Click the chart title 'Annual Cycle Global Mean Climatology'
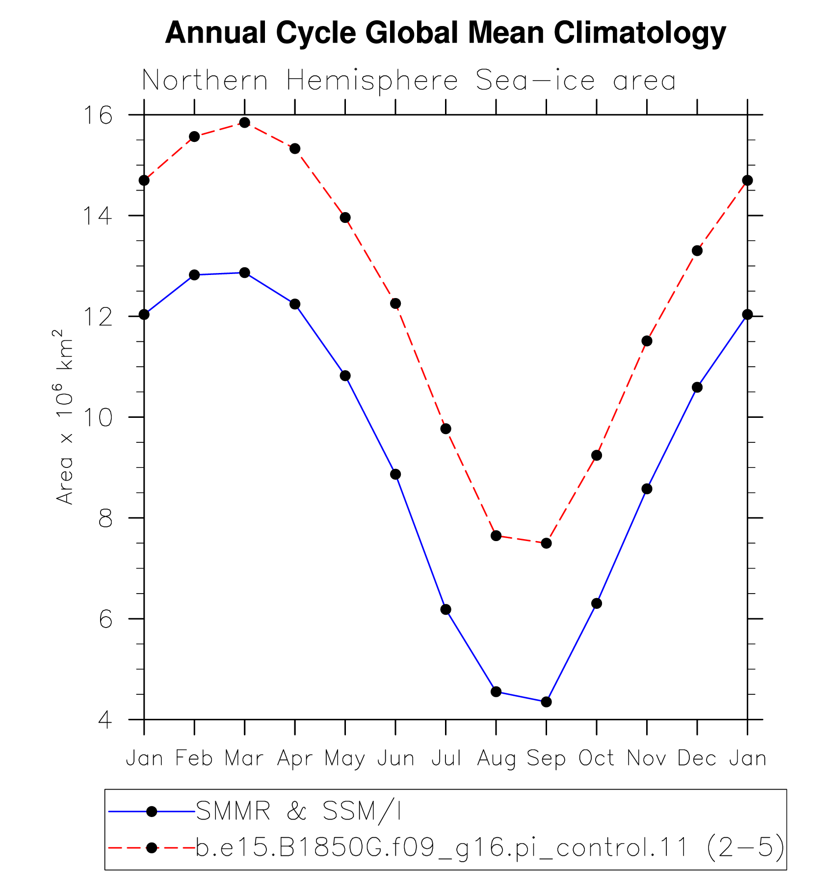[446, 33]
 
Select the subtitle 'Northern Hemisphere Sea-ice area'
[409, 81]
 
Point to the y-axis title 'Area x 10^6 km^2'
[64, 417]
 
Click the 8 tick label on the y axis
[105, 518]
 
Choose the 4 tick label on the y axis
[105, 720]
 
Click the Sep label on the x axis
[546, 759]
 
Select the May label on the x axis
[345, 759]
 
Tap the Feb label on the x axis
[194, 758]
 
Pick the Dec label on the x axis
[697, 758]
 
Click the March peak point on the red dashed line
[244, 122]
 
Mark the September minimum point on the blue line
[546, 702]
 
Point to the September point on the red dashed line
[546, 543]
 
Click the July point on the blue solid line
[446, 609]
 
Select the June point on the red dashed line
[395, 303]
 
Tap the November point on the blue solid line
[647, 489]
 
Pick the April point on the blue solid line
[295, 304]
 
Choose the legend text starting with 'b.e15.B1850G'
[490, 848]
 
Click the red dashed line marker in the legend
[152, 848]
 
